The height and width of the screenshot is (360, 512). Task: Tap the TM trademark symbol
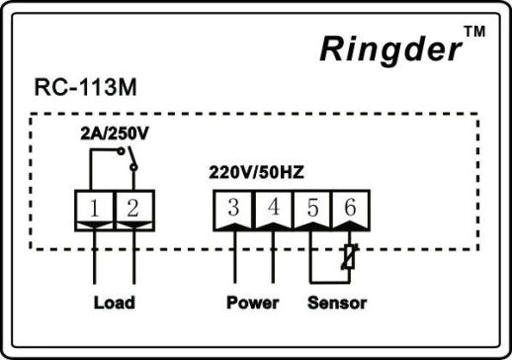pyautogui.click(x=475, y=32)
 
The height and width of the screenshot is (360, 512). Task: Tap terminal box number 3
pyautogui.click(x=234, y=208)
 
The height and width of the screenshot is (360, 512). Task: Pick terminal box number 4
pyautogui.click(x=273, y=208)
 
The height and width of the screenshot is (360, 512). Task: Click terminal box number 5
pyautogui.click(x=311, y=208)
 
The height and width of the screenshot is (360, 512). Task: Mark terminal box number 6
pyautogui.click(x=349, y=208)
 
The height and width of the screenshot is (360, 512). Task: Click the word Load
pyautogui.click(x=114, y=303)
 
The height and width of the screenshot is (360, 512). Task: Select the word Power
pyautogui.click(x=252, y=303)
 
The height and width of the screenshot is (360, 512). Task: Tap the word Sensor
pyautogui.click(x=336, y=303)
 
